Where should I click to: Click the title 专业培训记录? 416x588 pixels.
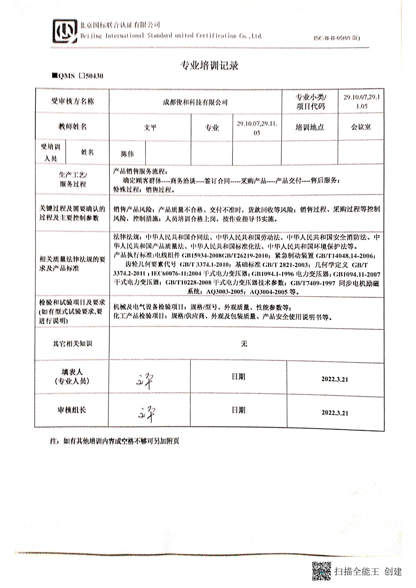pyautogui.click(x=209, y=66)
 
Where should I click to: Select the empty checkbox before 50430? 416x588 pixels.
pyautogui.click(x=82, y=76)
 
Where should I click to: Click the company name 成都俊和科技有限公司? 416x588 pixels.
pyautogui.click(x=195, y=102)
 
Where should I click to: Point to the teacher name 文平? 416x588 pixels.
pyautogui.click(x=150, y=127)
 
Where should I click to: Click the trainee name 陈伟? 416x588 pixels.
pyautogui.click(x=127, y=154)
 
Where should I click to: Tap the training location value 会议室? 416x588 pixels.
pyautogui.click(x=361, y=127)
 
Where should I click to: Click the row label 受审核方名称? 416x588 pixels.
pyautogui.click(x=72, y=101)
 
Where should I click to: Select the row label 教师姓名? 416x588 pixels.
pyautogui.click(x=72, y=126)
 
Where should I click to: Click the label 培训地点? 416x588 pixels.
pyautogui.click(x=310, y=127)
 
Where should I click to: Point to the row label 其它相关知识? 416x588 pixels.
pyautogui.click(x=72, y=344)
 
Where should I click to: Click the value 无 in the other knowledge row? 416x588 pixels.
pyautogui.click(x=244, y=343)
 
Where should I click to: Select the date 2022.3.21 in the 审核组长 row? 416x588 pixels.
pyautogui.click(x=335, y=413)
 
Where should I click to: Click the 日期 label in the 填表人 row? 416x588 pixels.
pyautogui.click(x=238, y=377)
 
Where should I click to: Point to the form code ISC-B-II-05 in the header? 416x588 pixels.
pyautogui.click(x=337, y=38)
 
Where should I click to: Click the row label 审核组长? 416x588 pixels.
pyautogui.click(x=72, y=410)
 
